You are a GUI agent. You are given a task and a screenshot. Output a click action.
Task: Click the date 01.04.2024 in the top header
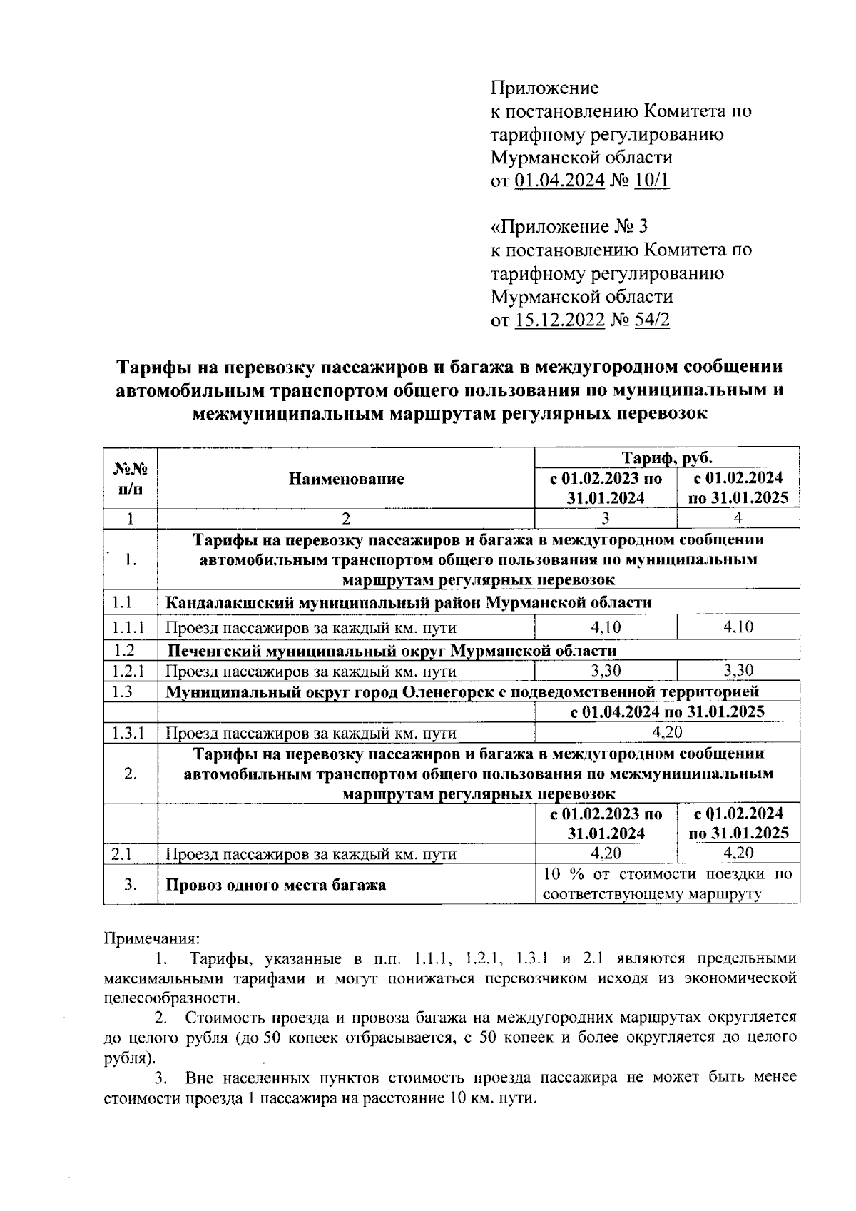pos(560,180)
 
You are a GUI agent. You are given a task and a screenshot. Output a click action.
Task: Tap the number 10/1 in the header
pos(652,180)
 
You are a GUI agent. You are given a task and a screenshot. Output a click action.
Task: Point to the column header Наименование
pos(346,479)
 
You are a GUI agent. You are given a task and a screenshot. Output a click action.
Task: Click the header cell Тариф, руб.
pos(666,457)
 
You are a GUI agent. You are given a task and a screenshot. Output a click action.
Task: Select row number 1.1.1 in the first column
pos(129,628)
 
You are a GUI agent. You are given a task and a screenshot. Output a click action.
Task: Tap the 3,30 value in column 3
pos(606,671)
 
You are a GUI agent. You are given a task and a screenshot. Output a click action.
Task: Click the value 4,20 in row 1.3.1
pos(667,732)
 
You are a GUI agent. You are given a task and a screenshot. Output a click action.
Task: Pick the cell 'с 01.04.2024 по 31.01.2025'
pos(667,711)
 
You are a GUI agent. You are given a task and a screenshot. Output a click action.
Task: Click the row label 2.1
pos(124,853)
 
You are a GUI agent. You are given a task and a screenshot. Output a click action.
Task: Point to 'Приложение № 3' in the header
pos(570,227)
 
